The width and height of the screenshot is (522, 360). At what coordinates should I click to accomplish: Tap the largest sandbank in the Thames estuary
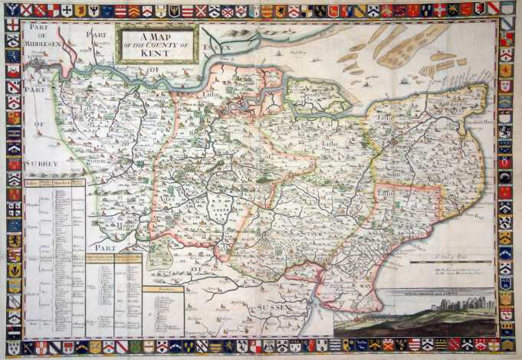tap(414, 48)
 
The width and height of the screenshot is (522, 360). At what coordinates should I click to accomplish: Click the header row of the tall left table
tap(54, 183)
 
